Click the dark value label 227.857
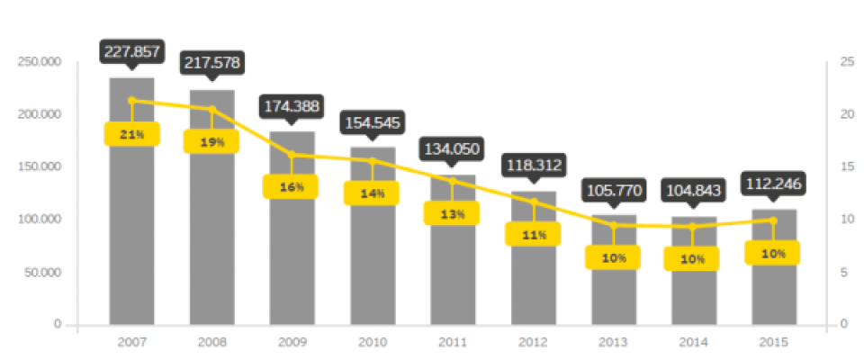pyautogui.click(x=131, y=51)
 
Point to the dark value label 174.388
pyautogui.click(x=292, y=106)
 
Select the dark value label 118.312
pyautogui.click(x=533, y=165)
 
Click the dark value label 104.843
pyautogui.click(x=693, y=190)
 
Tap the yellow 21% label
pyautogui.click(x=131, y=134)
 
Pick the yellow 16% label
pyautogui.click(x=292, y=186)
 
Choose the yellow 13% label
pyautogui.click(x=453, y=213)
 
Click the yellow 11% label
pyautogui.click(x=533, y=234)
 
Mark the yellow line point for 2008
pyautogui.click(x=212, y=109)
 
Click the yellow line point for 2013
pyautogui.click(x=614, y=225)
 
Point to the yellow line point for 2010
pyautogui.click(x=373, y=161)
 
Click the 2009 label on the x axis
pyautogui.click(x=292, y=342)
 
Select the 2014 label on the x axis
pyautogui.click(x=693, y=342)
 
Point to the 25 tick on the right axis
pyautogui.click(x=846, y=61)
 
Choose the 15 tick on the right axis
pyautogui.click(x=846, y=166)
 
